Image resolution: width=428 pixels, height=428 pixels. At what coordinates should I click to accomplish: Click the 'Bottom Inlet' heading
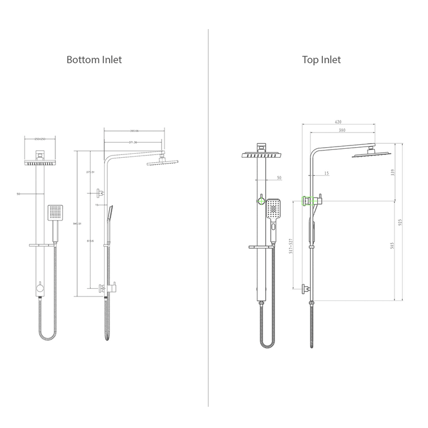coord(94,59)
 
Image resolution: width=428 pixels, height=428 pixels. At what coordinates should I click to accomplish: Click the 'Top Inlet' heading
coord(321,59)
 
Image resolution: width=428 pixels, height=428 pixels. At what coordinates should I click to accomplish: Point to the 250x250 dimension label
coord(40,139)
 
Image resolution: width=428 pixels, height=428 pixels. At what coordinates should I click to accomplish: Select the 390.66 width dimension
coord(134,131)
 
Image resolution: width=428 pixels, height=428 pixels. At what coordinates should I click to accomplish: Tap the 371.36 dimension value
coord(133,143)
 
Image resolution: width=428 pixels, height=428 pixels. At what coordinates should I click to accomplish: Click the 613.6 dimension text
coord(91,241)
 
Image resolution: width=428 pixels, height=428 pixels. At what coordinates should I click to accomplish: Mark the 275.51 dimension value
coord(90,172)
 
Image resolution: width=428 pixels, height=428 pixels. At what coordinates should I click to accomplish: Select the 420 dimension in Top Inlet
coord(338,121)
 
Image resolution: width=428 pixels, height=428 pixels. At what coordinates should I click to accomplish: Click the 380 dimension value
coord(341,130)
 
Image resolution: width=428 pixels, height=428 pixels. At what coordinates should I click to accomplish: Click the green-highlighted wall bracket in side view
coord(306,200)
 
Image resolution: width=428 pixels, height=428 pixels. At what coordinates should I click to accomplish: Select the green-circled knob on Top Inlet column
coord(261,200)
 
